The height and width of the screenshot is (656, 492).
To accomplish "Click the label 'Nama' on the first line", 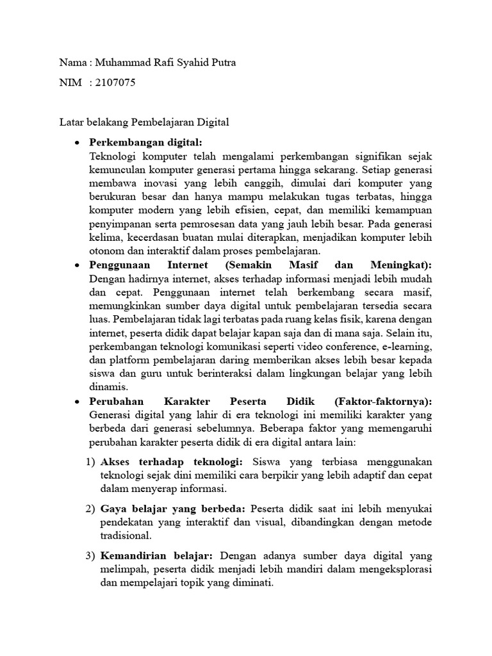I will [72, 62].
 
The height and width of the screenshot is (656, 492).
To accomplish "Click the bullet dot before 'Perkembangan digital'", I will [77, 142].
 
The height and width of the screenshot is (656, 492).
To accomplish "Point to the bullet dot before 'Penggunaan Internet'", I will [77, 265].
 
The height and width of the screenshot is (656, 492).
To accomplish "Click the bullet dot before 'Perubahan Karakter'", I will [77, 402].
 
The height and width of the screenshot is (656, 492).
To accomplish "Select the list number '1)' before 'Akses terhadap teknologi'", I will [90, 462].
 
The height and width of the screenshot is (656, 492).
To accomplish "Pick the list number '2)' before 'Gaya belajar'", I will [90, 508].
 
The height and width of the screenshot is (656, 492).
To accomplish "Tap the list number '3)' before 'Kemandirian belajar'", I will [90, 555].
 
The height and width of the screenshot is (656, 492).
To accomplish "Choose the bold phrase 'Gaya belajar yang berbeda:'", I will [173, 508].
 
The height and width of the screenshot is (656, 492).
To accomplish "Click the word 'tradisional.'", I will [126, 535].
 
